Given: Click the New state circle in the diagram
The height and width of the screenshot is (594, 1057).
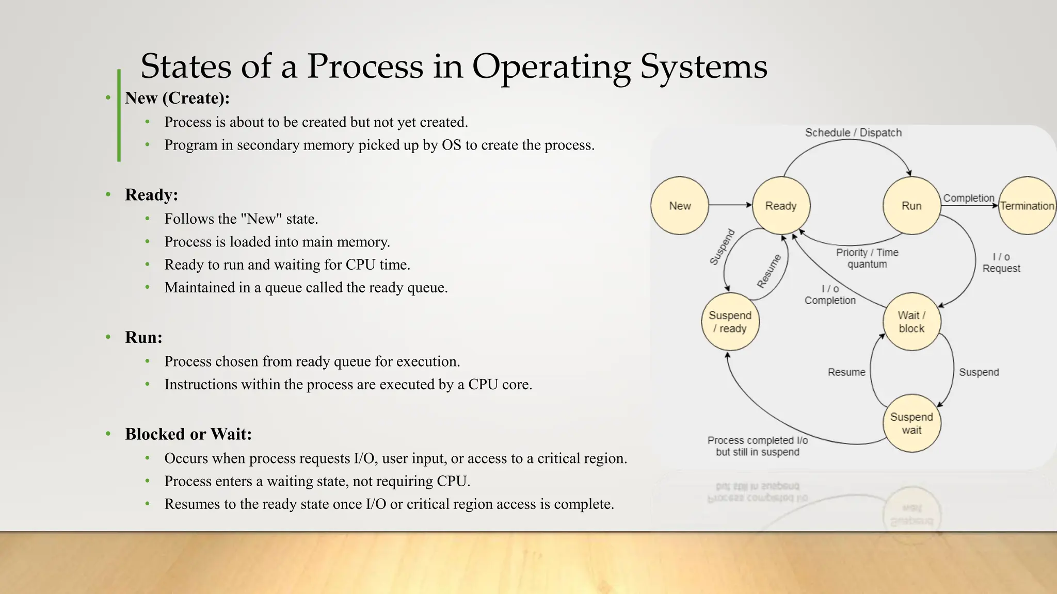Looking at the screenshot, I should [679, 206].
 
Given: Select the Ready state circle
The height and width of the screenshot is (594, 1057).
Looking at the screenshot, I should [781, 206].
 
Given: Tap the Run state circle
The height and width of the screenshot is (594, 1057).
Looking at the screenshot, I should [911, 206].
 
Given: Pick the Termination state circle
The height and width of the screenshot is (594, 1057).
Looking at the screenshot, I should [1027, 206].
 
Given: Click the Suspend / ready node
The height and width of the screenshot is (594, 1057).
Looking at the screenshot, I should [730, 322].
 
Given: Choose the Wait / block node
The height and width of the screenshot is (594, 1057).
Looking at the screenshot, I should [911, 322].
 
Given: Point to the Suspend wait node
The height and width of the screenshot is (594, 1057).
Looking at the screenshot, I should [911, 423].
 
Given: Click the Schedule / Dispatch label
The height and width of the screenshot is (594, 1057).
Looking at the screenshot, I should [853, 133].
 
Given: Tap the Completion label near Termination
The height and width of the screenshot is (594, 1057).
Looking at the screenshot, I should [968, 198].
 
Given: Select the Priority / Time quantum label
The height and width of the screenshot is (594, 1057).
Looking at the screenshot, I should [867, 258].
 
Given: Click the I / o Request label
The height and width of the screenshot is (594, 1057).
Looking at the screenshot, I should [1001, 262].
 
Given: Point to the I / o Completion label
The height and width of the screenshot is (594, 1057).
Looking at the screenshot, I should [830, 294].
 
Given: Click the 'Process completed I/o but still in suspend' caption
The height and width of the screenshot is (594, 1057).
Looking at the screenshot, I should [757, 446].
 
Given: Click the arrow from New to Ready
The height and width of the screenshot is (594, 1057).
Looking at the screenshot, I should [730, 205].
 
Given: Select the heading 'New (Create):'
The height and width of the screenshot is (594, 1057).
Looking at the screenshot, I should [177, 98].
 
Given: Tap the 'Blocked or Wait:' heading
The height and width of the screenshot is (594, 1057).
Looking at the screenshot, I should [188, 434].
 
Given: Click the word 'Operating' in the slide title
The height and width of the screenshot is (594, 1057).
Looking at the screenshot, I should [551, 67].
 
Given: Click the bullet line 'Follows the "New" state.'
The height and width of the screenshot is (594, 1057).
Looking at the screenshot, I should [241, 219].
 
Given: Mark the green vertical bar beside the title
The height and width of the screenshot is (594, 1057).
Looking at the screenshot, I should [119, 115].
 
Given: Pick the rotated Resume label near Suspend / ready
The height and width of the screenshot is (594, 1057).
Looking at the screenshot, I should [769, 271].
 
